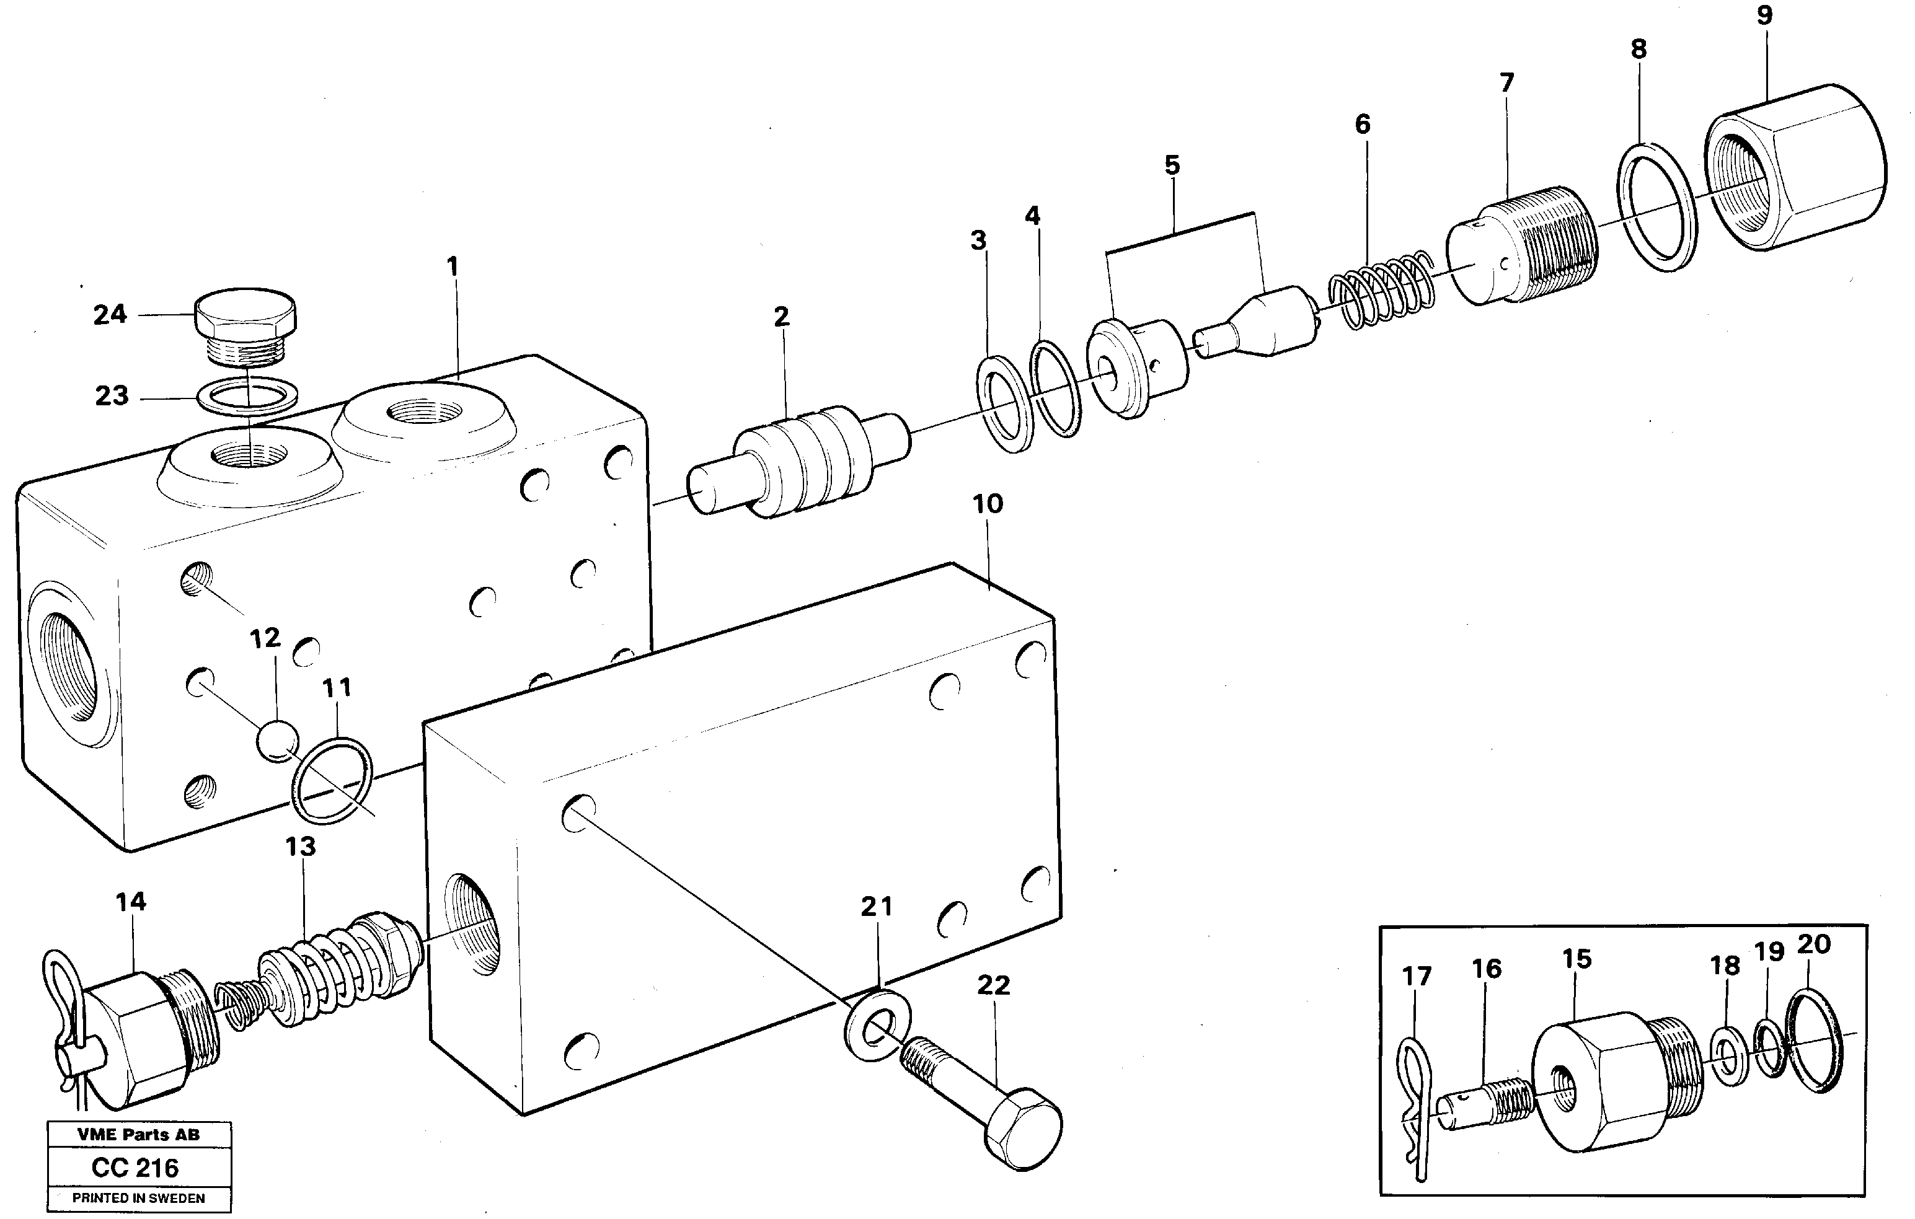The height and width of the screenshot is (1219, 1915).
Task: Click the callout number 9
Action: coord(1764,15)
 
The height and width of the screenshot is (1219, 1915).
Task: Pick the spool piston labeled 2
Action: coord(799,462)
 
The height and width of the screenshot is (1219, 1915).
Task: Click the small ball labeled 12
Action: coord(276,741)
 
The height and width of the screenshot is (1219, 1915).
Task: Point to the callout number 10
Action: coord(987,504)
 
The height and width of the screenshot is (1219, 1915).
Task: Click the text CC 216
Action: coord(135,1168)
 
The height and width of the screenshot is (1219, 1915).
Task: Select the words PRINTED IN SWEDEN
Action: coord(138,1197)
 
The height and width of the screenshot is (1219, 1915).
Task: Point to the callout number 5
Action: coord(1172,165)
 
